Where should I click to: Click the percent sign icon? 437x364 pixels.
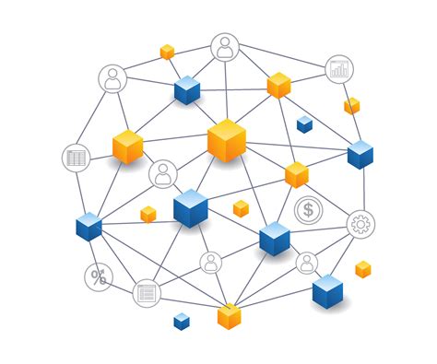[98, 276]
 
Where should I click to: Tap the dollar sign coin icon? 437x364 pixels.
[308, 211]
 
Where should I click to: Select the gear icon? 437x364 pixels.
[360, 223]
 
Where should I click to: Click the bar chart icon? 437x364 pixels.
[339, 68]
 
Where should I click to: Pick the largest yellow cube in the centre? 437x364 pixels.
[227, 140]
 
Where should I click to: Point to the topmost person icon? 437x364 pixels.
[224, 47]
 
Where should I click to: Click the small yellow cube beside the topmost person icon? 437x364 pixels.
[167, 52]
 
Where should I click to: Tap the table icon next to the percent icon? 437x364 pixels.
[146, 293]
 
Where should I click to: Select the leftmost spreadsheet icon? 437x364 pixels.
[77, 158]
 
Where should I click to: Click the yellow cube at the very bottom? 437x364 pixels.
[230, 316]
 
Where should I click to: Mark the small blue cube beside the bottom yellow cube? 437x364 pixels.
[182, 321]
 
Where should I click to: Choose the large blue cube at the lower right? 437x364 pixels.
[327, 292]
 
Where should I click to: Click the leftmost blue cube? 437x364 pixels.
[89, 226]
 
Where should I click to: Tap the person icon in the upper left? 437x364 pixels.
[112, 79]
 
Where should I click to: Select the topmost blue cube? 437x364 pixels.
[187, 90]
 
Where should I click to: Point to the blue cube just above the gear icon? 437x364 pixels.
[360, 154]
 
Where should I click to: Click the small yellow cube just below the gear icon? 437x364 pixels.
[363, 269]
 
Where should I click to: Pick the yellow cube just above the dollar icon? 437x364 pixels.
[296, 174]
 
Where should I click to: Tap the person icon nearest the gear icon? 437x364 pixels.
[306, 264]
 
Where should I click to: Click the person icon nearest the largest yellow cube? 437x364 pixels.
[163, 173]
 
